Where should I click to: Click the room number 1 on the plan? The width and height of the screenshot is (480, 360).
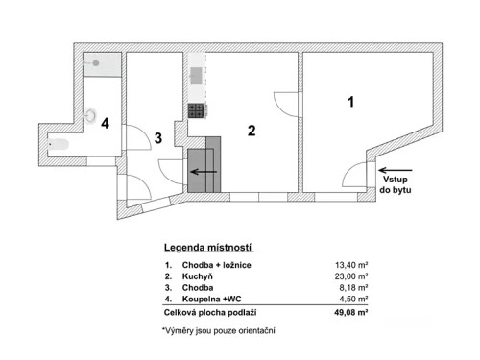(x=351, y=101)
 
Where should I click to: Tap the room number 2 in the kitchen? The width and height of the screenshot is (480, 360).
(x=252, y=132)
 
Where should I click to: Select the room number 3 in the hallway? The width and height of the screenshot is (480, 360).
(x=157, y=138)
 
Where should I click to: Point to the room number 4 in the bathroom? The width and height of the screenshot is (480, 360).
(x=107, y=123)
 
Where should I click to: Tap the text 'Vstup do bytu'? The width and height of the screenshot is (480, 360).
(x=394, y=185)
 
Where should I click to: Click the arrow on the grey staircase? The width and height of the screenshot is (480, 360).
(x=203, y=172)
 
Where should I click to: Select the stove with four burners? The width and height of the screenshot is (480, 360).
(x=198, y=110)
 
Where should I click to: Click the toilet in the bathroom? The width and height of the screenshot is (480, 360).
(x=60, y=145)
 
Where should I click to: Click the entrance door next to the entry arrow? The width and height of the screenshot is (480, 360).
(x=358, y=175)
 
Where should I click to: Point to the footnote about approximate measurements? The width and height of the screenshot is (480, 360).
(x=218, y=331)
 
